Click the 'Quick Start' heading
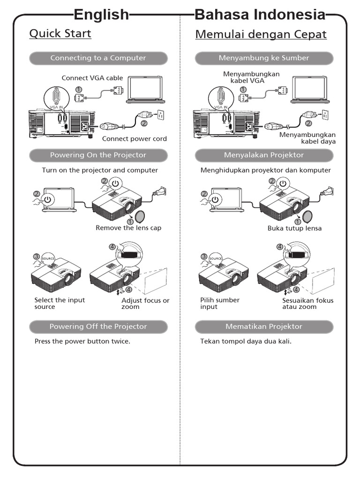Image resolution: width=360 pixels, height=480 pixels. pyautogui.click(x=60, y=34)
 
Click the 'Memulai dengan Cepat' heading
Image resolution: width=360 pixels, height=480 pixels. pyautogui.click(x=261, y=35)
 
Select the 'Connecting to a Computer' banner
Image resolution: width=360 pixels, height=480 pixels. pyautogui.click(x=98, y=58)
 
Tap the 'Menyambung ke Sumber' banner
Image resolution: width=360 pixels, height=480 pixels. pyautogui.click(x=264, y=58)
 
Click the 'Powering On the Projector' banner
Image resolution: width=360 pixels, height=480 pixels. pyautogui.click(x=98, y=155)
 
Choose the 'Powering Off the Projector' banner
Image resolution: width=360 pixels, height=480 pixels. pyautogui.click(x=98, y=326)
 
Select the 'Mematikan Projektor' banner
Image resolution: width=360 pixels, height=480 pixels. pyautogui.click(x=264, y=326)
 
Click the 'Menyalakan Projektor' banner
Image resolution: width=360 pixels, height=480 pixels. pyautogui.click(x=264, y=155)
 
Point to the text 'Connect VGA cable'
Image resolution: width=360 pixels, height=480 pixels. pyautogui.click(x=92, y=78)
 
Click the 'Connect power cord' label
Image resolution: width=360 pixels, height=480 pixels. pyautogui.click(x=134, y=139)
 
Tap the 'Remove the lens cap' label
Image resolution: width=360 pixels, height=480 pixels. pyautogui.click(x=128, y=228)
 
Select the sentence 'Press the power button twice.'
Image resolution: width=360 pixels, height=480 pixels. pyautogui.click(x=82, y=341)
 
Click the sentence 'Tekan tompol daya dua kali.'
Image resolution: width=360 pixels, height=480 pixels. pyautogui.click(x=246, y=341)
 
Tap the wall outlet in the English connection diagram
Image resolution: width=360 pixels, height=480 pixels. pyautogui.click(x=160, y=114)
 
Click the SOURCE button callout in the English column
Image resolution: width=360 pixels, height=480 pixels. pyautogui.click(x=48, y=259)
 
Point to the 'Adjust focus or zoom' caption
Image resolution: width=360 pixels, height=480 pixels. pyautogui.click(x=145, y=303)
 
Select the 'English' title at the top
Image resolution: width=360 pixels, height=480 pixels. pyautogui.click(x=101, y=15)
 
